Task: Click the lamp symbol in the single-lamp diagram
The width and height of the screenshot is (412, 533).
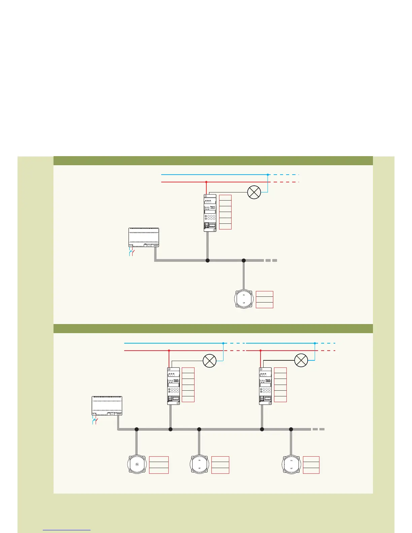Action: [x=254, y=192]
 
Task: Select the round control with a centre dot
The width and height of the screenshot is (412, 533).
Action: [x=137, y=465]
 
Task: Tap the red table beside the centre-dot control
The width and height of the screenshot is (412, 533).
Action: [x=159, y=465]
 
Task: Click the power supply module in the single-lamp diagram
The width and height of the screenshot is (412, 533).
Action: [x=144, y=237]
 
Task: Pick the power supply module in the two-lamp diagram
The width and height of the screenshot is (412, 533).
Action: [x=107, y=405]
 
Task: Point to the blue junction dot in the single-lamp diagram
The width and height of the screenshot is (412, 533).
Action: [x=268, y=175]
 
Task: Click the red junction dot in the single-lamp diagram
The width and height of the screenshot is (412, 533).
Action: [x=206, y=182]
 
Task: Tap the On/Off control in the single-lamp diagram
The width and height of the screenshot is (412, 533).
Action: [x=244, y=299]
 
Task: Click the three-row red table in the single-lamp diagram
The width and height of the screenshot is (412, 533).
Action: [x=265, y=299]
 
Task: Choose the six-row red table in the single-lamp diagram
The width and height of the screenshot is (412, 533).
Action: [x=225, y=212]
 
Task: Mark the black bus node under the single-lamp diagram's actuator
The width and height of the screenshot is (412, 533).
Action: [x=208, y=260]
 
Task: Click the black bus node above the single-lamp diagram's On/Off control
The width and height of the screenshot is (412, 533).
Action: [x=244, y=260]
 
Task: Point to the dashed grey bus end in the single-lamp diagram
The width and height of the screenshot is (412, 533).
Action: [x=271, y=260]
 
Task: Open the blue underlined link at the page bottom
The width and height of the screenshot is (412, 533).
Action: [x=67, y=530]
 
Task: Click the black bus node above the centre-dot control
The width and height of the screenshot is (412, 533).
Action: [x=137, y=429]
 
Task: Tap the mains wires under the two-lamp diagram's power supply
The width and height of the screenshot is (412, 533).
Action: [x=95, y=421]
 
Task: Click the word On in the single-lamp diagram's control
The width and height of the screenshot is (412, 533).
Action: [x=244, y=295]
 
